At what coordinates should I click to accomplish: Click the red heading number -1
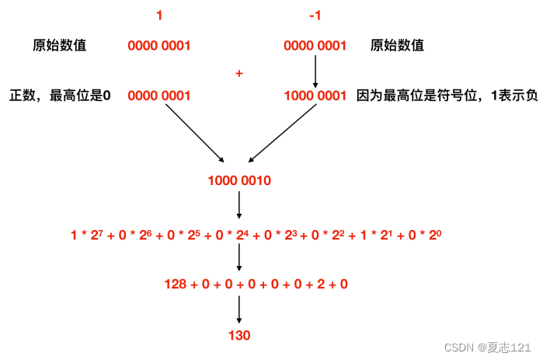(x=315, y=15)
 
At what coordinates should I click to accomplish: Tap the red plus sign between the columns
(x=239, y=72)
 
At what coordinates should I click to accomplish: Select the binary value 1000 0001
(x=315, y=96)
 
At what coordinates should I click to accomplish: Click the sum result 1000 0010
(x=239, y=181)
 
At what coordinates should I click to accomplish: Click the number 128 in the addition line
(x=176, y=285)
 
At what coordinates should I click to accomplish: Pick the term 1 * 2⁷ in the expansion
(x=87, y=234)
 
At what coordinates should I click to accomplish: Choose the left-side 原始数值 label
(x=59, y=45)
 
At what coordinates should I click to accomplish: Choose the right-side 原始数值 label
(x=398, y=45)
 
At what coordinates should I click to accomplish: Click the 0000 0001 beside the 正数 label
(x=159, y=96)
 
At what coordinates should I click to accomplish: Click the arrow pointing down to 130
(x=239, y=309)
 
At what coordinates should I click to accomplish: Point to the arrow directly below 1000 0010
(x=239, y=206)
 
